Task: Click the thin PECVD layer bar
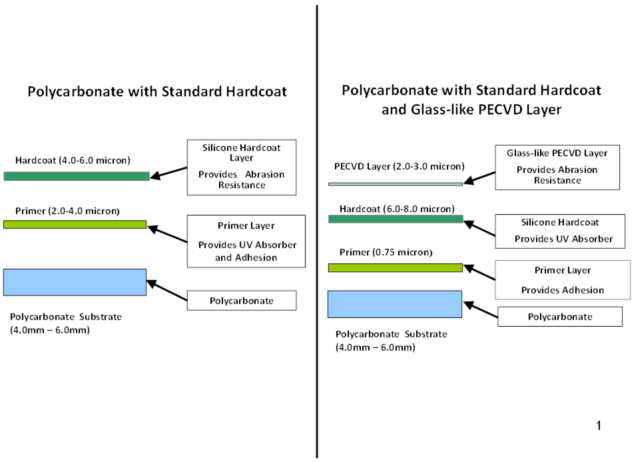coord(395,184)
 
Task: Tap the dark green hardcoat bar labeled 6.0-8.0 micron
coord(395,219)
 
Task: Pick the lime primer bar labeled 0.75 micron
coord(395,268)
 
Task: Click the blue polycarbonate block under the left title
coord(75,282)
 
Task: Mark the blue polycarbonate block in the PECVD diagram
coord(395,304)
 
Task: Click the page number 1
coord(599,426)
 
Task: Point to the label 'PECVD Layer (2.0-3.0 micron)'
coord(399,166)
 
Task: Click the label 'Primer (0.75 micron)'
coord(386,252)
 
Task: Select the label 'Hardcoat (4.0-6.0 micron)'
coord(73,160)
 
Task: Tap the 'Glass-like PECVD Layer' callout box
coord(557,167)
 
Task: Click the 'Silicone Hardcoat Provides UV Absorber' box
coord(560,231)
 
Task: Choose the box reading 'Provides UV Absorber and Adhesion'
coord(246,241)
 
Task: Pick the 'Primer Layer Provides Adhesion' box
coord(563,280)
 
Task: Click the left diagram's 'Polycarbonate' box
coord(242,300)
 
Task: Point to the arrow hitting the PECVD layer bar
coord(479,178)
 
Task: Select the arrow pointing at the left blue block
coord(167,291)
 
